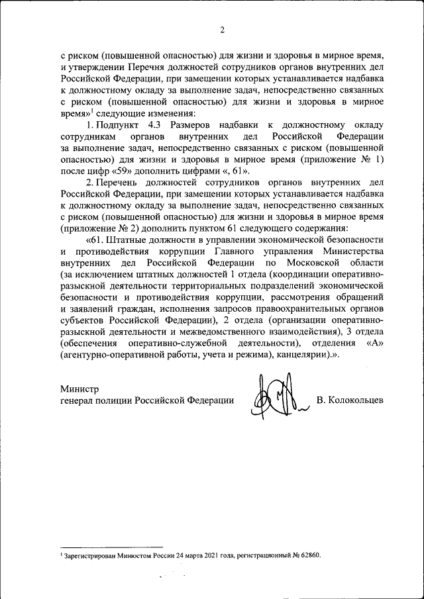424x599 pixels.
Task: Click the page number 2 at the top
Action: [223, 30]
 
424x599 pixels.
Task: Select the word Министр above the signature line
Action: [79, 389]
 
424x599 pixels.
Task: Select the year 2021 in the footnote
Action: [203, 555]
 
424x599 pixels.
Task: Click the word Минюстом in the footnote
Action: [132, 555]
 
